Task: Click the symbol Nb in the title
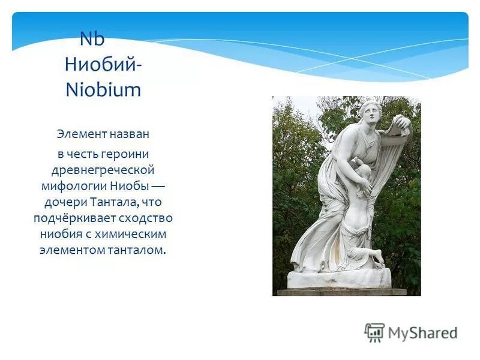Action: pyautogui.click(x=92, y=40)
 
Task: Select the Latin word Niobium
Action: pyautogui.click(x=103, y=90)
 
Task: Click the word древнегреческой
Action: pyautogui.click(x=103, y=170)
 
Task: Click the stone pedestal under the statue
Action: pyautogui.click(x=339, y=278)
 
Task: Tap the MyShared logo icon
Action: pyautogui.click(x=374, y=332)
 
